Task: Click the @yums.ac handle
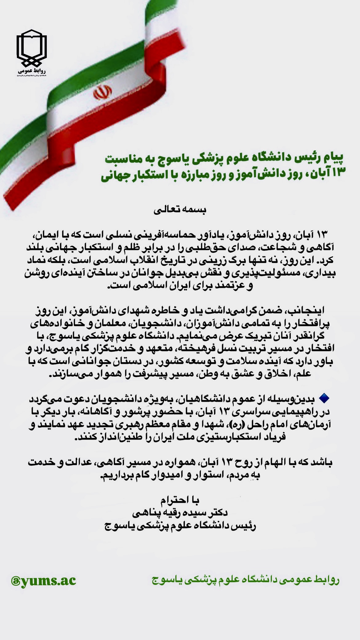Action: coord(43,580)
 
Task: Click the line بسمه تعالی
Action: coord(181,210)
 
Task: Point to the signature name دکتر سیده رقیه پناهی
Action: coord(180,513)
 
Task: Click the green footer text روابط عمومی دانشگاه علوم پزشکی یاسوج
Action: coord(245,580)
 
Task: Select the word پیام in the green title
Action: coord(334,158)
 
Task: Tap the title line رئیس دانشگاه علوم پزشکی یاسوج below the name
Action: coord(180,526)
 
